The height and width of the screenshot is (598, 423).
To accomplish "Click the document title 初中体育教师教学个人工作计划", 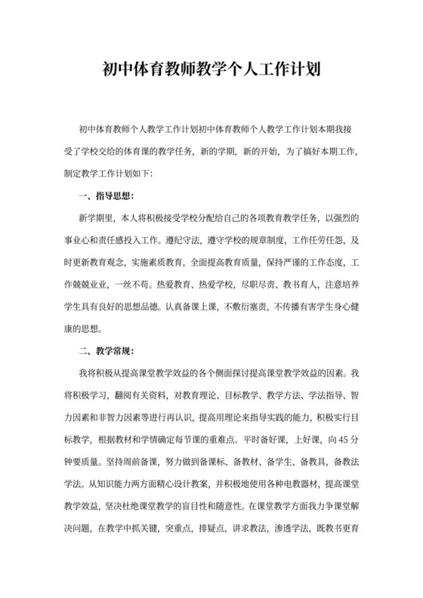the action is point(211,71).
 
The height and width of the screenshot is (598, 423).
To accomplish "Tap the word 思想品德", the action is point(176,307).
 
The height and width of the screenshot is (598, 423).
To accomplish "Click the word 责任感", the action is point(113,241).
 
